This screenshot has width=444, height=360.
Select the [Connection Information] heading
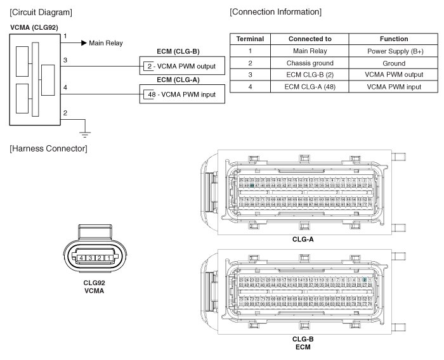tap(275, 12)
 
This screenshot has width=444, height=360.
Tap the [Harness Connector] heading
tap(48, 148)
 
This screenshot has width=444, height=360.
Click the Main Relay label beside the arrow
tap(106, 43)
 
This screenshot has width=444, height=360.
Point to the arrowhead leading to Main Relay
tap(83, 43)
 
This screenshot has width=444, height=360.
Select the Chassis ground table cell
tap(310, 62)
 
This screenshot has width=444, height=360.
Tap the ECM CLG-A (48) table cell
tap(310, 86)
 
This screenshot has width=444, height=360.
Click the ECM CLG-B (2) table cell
tap(310, 74)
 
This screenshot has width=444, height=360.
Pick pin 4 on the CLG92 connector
tap(83, 258)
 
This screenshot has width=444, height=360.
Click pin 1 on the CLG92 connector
tap(110, 258)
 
